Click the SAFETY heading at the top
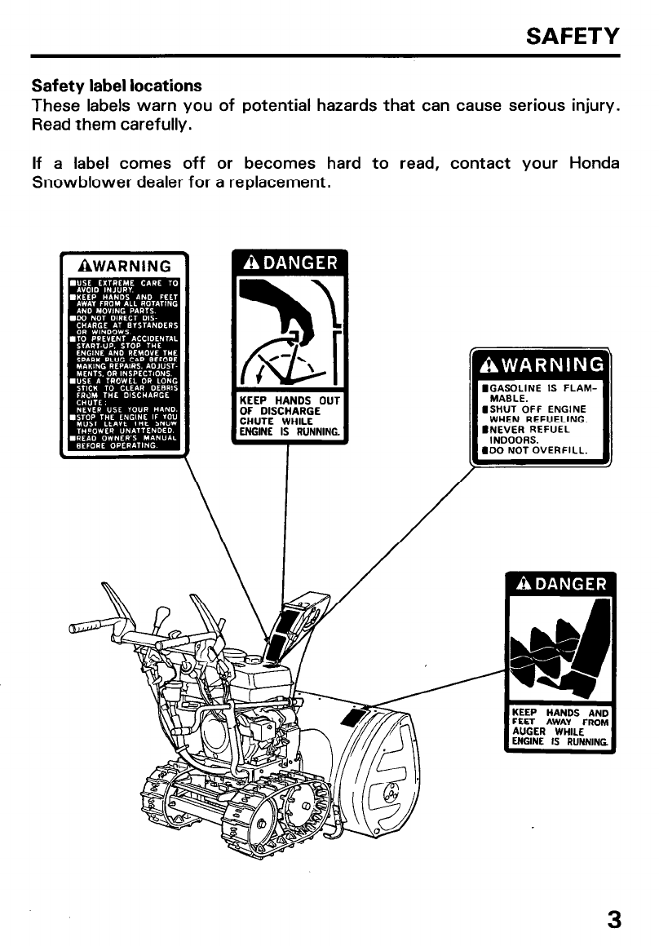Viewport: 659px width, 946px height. [573, 36]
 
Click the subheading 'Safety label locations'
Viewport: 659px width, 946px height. [117, 86]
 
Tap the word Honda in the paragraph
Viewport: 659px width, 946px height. [593, 162]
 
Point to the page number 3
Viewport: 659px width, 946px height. [613, 919]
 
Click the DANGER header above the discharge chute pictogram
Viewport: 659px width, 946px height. [290, 263]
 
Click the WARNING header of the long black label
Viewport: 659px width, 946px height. [124, 266]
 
